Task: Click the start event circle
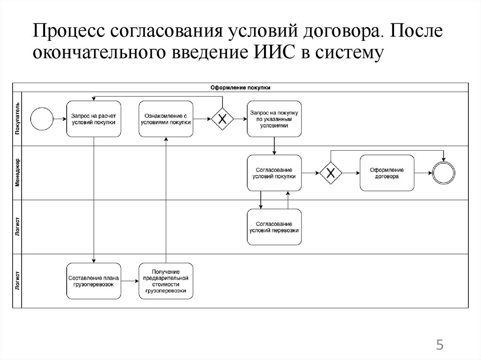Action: coord(41,119)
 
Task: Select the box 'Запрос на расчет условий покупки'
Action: coord(93,119)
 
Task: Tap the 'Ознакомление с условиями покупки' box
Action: coord(166,119)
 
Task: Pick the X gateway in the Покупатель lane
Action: coord(222,119)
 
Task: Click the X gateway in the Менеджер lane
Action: coord(331,173)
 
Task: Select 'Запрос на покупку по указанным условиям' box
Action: coord(274,119)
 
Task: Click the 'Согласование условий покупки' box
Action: coord(274,173)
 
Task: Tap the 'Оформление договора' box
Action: coord(387,173)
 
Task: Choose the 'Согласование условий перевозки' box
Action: coord(274,227)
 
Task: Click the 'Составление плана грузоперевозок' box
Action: coord(93,281)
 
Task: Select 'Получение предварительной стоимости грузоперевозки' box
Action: coord(166,281)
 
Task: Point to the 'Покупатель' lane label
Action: coord(17,119)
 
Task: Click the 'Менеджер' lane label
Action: coord(17,173)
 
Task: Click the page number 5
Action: coord(440,346)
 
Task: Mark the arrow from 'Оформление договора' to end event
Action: coord(423,173)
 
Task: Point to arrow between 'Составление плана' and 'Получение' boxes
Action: coord(130,281)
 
